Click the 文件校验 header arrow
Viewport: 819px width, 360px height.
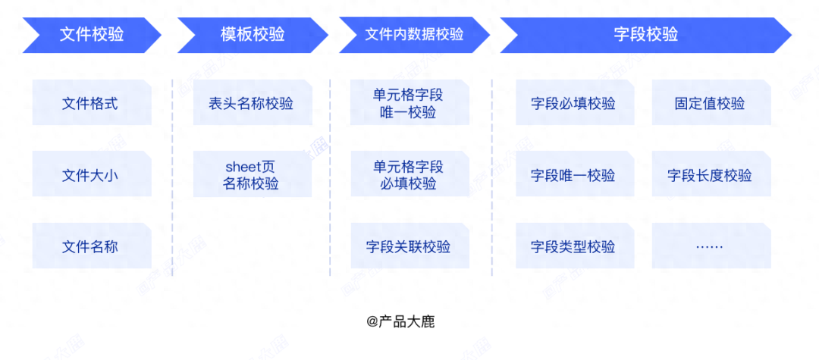[x=92, y=35]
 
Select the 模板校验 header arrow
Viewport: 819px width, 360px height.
[x=253, y=35]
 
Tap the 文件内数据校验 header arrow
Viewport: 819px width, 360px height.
[x=414, y=35]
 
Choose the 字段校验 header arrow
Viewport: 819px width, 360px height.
[x=645, y=35]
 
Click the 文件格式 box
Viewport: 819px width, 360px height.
[x=92, y=102]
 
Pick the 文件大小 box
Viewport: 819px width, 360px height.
[x=92, y=174]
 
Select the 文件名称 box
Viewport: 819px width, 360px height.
[x=92, y=246]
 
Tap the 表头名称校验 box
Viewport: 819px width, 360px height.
[x=253, y=102]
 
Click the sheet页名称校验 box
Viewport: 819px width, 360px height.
[x=253, y=174]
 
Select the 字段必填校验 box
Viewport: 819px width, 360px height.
[x=575, y=102]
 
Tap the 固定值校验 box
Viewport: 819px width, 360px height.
[x=711, y=102]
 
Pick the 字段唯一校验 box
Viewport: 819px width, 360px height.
[x=575, y=174]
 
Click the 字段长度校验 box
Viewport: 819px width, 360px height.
[x=711, y=174]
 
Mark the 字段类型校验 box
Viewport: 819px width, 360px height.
[x=575, y=246]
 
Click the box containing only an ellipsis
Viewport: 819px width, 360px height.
[x=711, y=246]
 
